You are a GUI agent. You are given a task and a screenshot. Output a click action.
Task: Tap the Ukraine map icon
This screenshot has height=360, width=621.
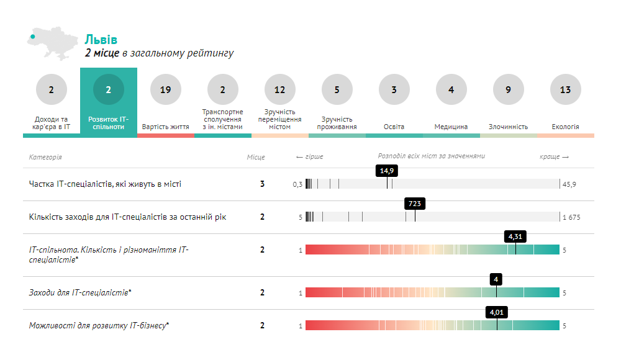[x=50, y=45]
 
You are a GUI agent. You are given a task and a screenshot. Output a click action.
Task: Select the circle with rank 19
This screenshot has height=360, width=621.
[x=165, y=90]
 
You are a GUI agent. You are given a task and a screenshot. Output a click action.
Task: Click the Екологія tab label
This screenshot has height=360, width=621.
[x=565, y=127]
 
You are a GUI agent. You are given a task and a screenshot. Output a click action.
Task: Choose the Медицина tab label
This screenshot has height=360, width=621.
[x=451, y=127]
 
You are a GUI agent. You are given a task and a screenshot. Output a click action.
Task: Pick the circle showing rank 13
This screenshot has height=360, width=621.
[x=565, y=90]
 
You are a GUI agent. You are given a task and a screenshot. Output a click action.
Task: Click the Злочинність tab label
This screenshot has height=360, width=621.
[x=508, y=127]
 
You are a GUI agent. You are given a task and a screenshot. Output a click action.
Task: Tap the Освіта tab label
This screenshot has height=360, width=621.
[x=394, y=127]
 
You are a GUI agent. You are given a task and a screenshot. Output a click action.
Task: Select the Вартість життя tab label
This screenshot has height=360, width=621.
[x=165, y=127]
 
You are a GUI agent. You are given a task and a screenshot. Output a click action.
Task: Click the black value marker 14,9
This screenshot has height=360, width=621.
[x=387, y=171]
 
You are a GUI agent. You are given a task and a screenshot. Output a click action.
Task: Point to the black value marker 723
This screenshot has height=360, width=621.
[x=415, y=204]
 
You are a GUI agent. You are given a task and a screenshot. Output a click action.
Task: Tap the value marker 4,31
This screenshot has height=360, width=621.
[x=515, y=236]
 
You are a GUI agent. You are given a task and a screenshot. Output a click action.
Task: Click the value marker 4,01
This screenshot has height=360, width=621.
[x=496, y=312]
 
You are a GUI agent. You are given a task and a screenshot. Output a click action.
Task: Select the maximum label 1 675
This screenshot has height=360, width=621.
[x=571, y=217]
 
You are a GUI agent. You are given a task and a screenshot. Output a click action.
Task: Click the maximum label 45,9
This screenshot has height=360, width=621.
[x=569, y=184]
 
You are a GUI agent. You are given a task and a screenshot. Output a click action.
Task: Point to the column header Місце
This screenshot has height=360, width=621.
[x=255, y=157]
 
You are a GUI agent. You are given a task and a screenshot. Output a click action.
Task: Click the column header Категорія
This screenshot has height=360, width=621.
[x=45, y=157]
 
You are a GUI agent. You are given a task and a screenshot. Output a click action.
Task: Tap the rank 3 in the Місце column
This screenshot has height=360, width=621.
[x=262, y=184]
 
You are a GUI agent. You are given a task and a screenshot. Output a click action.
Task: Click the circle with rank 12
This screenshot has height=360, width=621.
[x=279, y=90]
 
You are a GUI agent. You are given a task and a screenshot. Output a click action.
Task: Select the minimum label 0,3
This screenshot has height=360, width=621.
[x=297, y=184]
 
